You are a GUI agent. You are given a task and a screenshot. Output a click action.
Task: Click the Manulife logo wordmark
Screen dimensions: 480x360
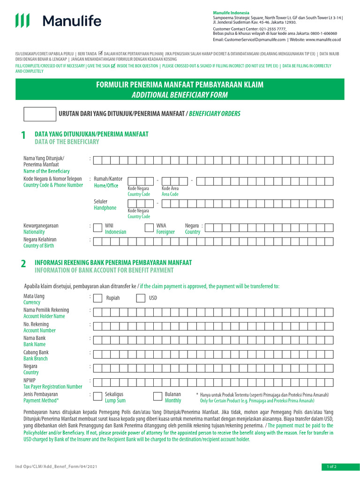point(72,21)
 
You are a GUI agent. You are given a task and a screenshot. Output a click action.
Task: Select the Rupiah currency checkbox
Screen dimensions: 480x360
point(97,299)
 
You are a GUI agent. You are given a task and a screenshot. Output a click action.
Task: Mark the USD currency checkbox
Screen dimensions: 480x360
point(141,299)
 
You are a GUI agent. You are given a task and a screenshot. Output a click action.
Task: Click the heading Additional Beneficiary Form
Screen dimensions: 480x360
point(180,95)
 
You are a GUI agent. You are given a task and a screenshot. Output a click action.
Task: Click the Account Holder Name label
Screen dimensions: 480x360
point(44,316)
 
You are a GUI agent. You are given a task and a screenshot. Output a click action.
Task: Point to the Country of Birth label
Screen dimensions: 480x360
point(38,246)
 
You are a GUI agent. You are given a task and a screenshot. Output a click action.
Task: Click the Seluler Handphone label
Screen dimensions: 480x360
point(105,205)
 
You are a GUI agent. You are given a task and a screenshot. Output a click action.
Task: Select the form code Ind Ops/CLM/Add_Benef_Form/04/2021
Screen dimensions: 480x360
point(56,467)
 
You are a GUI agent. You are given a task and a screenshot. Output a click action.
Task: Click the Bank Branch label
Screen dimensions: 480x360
point(36,359)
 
